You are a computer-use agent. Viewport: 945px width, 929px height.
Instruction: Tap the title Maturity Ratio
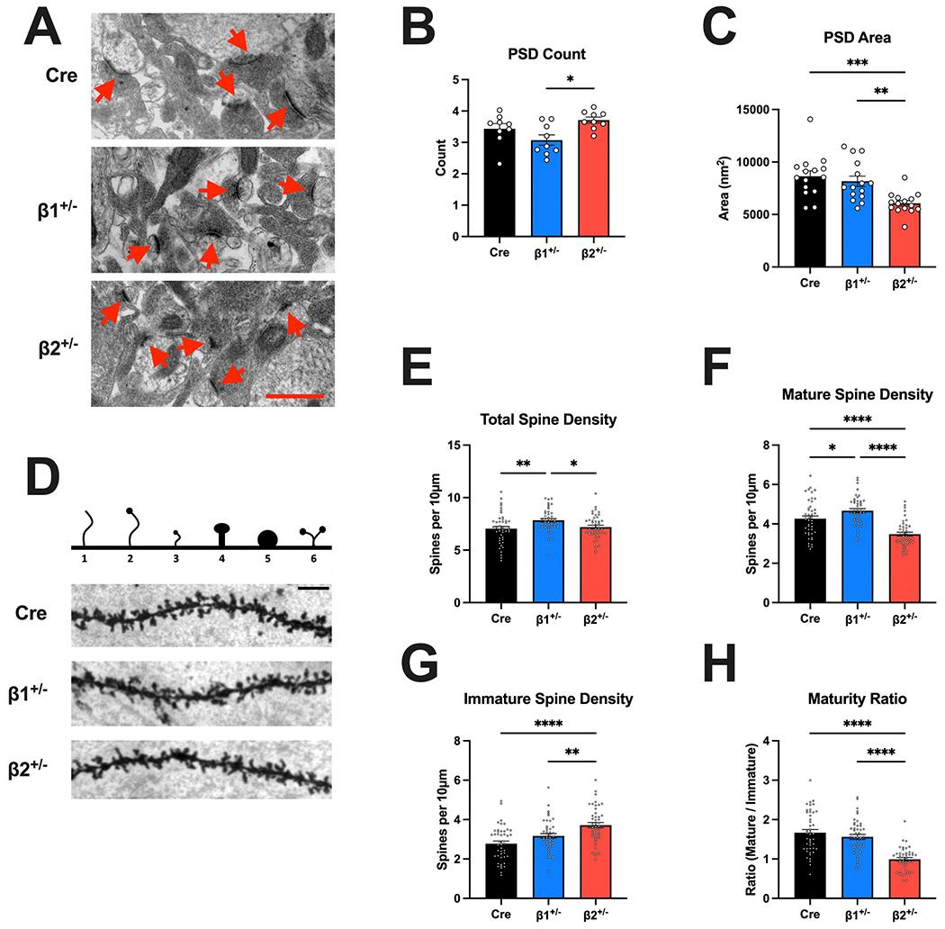858,698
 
